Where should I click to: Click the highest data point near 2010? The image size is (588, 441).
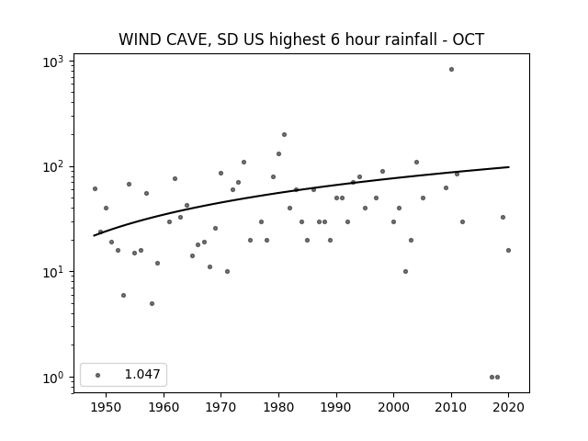[x=451, y=70]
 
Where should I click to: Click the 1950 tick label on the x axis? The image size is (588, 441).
[x=106, y=407]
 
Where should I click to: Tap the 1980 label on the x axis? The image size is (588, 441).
[x=278, y=407]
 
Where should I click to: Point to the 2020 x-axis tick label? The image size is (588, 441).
[x=508, y=407]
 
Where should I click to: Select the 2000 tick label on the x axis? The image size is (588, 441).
[x=393, y=407]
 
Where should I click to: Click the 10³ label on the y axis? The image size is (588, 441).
[x=53, y=62]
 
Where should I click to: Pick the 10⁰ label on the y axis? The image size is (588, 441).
[x=53, y=378]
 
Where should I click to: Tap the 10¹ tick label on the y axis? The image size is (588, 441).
[x=53, y=272]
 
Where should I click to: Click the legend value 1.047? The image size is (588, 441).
[x=142, y=374]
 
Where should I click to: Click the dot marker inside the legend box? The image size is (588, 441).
[x=98, y=375]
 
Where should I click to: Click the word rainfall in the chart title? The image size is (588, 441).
[x=405, y=39]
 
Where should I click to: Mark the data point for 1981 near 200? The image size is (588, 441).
[x=284, y=135]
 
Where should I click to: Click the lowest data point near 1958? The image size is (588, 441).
[x=152, y=304]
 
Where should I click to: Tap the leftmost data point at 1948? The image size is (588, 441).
[x=95, y=188]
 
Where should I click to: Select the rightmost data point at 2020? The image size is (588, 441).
[x=508, y=251]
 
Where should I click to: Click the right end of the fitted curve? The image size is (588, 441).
[x=509, y=167]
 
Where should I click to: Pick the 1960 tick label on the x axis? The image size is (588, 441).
[x=164, y=407]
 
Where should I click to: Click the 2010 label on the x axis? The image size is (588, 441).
[x=451, y=407]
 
